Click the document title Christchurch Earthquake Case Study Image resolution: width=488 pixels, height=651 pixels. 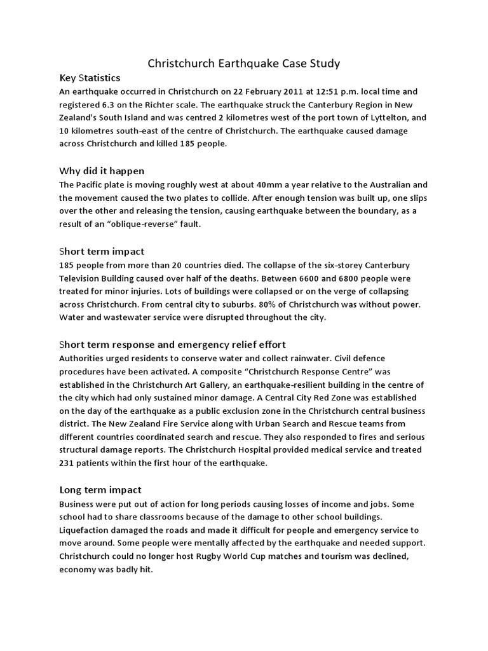point(244,63)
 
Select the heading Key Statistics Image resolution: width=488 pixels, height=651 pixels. point(90,78)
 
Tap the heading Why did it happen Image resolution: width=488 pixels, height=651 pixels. point(102,170)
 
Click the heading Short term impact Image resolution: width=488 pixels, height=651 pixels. point(102,251)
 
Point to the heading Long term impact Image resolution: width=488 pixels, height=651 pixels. point(100,490)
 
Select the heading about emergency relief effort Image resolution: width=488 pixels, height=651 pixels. point(172,345)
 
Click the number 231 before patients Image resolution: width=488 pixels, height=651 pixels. point(67,463)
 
